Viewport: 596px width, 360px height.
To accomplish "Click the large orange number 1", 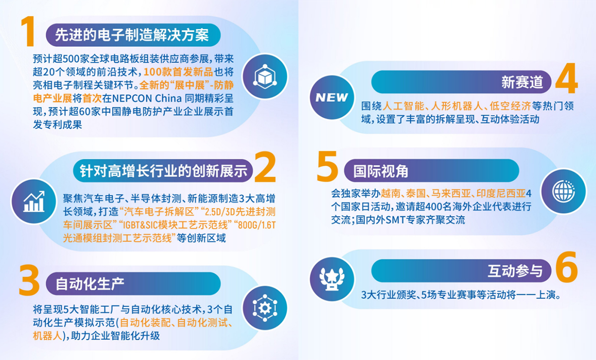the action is tap(28, 31).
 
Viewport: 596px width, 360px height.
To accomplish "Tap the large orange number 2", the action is tap(265, 167).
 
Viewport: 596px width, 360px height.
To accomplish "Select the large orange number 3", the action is tap(29, 280).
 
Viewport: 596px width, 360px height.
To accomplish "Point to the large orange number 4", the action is tap(567, 78).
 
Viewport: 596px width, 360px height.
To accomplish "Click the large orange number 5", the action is tap(327, 166).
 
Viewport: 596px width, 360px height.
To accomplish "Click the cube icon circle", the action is tap(265, 76).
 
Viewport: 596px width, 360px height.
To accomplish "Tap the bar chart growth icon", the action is tap(34, 202).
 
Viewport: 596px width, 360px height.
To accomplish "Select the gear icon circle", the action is tap(265, 308).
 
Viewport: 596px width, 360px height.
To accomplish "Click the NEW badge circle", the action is tap(332, 97).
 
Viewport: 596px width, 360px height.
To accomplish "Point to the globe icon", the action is tap(564, 192).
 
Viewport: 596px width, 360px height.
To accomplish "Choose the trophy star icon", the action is tap(332, 279).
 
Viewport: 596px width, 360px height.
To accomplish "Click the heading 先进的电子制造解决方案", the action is tap(132, 35).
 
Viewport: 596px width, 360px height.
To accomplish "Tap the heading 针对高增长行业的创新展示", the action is tap(163, 171).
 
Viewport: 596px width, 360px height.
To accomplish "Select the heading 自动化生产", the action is tap(90, 284).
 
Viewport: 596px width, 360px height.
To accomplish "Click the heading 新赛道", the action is tap(522, 82).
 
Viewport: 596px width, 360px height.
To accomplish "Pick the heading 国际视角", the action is tap(381, 171).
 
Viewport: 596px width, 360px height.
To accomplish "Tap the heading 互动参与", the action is tap(515, 271).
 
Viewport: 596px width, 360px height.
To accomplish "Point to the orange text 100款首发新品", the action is tap(178, 72).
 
